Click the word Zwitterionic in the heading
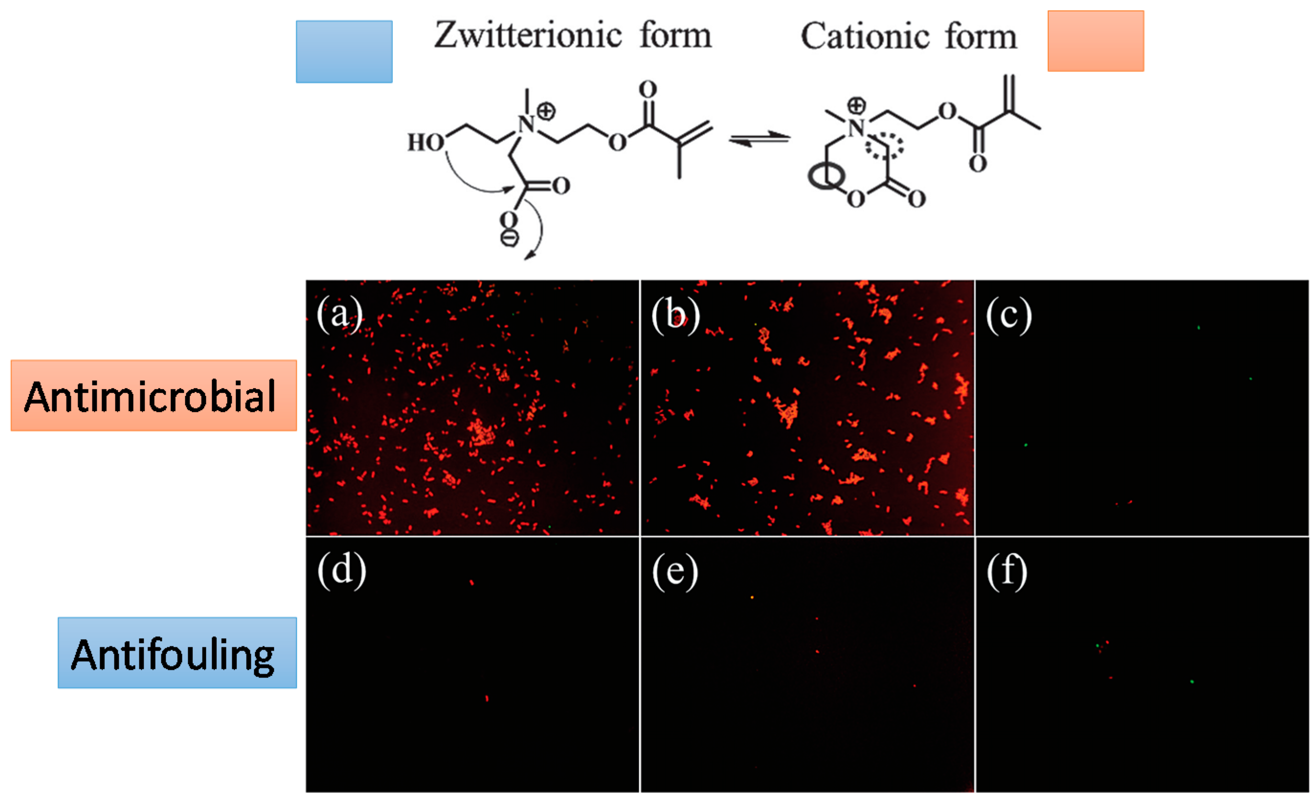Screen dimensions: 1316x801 click(528, 36)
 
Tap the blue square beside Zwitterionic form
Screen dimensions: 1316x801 click(345, 52)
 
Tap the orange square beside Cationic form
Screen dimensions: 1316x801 click(1095, 41)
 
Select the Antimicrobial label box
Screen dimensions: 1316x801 click(154, 395)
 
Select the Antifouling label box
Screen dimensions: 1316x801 click(178, 653)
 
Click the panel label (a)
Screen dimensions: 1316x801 click(340, 314)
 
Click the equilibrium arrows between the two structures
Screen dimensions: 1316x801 click(759, 138)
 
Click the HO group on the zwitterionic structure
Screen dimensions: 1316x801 click(426, 143)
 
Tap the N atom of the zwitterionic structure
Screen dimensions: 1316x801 click(526, 124)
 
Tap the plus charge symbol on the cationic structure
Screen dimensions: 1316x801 click(856, 105)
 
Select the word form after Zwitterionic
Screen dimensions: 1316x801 click(675, 36)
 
